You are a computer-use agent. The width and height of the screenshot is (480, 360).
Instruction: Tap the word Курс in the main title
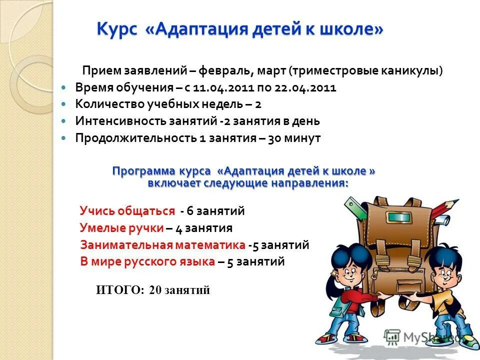(116, 29)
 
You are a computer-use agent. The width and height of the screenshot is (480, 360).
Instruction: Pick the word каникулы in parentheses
(414, 71)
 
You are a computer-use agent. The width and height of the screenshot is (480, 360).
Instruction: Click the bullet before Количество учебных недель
(63, 104)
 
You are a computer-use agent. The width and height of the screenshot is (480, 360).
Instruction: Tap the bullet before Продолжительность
(63, 138)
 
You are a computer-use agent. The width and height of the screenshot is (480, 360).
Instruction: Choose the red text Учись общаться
(127, 211)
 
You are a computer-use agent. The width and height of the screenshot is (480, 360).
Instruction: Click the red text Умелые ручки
(121, 228)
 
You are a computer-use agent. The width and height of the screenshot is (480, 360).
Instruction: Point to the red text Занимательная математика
(163, 245)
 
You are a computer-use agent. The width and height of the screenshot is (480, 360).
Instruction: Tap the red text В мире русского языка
(147, 261)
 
